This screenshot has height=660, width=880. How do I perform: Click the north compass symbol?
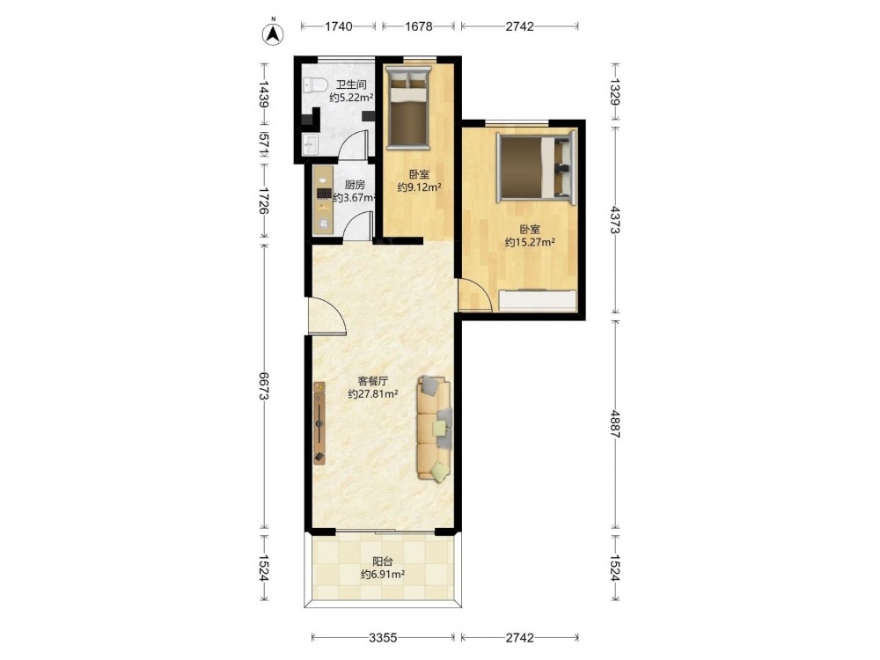click(273, 33)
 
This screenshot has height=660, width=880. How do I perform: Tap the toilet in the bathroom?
click(315, 84)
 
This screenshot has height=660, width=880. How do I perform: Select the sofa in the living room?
click(434, 429)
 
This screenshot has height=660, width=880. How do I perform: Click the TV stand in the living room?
click(319, 422)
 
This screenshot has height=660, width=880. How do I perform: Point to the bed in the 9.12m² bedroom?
click(408, 107)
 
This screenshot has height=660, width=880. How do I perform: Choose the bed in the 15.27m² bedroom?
click(537, 167)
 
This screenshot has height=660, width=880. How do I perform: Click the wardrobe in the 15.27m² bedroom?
click(538, 300)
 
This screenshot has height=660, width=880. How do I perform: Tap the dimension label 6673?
click(263, 386)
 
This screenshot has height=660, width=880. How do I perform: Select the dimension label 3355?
click(384, 637)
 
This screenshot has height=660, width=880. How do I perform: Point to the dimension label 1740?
click(339, 26)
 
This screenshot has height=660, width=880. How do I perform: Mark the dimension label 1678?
click(419, 26)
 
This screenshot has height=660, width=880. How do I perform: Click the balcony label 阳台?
click(383, 561)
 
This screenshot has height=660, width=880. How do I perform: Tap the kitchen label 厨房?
click(356, 184)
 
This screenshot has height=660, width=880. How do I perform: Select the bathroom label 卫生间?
click(351, 84)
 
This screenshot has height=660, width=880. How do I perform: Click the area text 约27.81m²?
click(373, 394)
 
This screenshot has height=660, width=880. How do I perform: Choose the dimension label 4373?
click(616, 220)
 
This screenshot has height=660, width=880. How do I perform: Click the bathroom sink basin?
click(311, 144)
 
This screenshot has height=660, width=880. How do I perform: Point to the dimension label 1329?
click(616, 92)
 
